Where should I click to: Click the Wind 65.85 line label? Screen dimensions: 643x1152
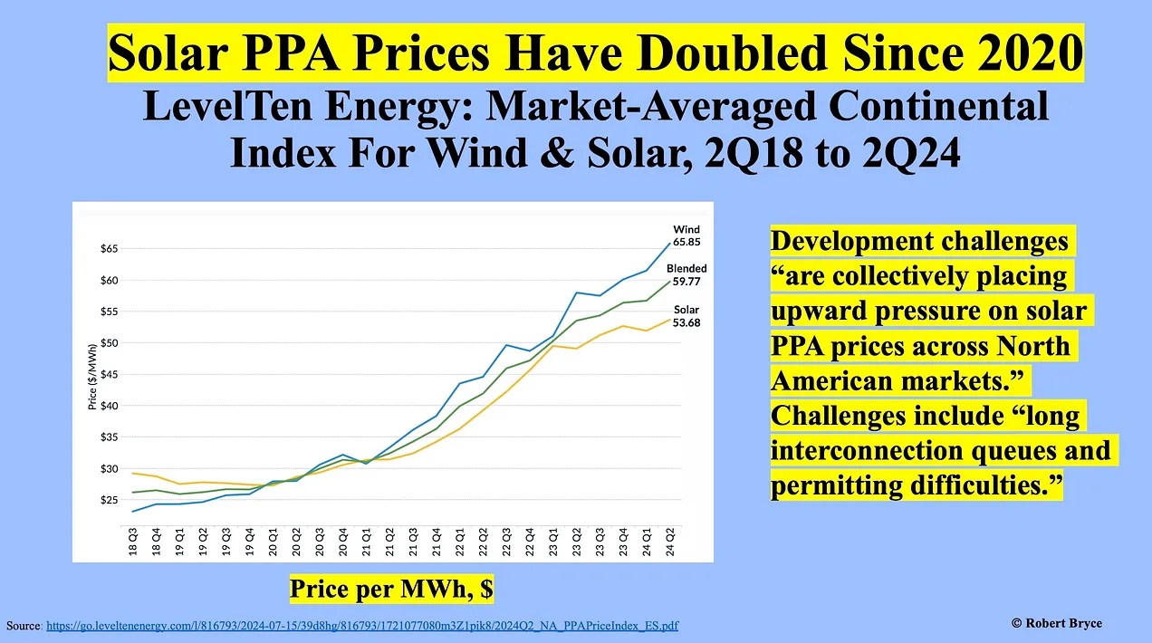coord(686,236)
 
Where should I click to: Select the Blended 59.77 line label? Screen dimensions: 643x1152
coord(686,275)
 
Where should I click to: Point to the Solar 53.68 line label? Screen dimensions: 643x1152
coord(686,316)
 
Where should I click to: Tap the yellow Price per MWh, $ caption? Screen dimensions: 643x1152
coord(391,590)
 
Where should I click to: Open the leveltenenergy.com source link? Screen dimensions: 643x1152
coord(361,626)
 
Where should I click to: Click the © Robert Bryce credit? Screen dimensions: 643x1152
coord(1057,623)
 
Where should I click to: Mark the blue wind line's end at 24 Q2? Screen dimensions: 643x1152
coord(669,244)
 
